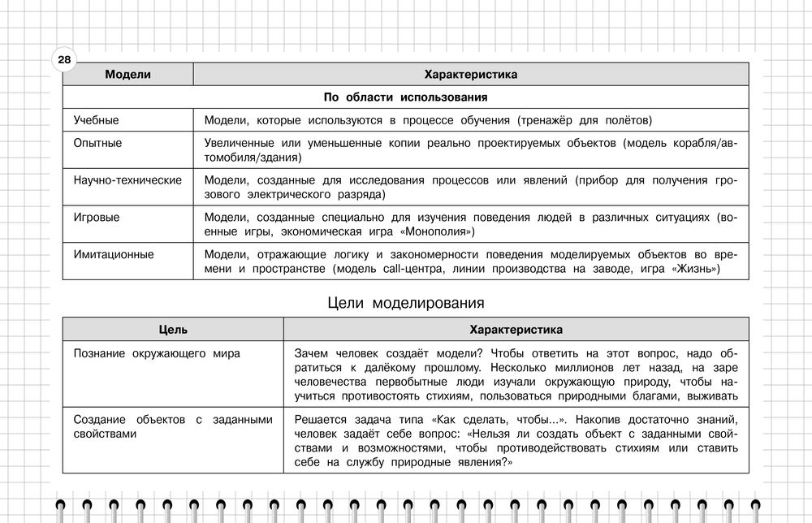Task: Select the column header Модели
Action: [127, 75]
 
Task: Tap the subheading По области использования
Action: [405, 97]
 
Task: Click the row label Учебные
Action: [96, 120]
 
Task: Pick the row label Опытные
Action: [97, 143]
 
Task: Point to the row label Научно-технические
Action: [127, 179]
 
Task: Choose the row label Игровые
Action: [97, 218]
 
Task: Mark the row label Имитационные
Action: [114, 254]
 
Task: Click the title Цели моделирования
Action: [405, 303]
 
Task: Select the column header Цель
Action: [173, 330]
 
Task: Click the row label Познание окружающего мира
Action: [157, 353]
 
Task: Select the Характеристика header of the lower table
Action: [516, 330]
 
